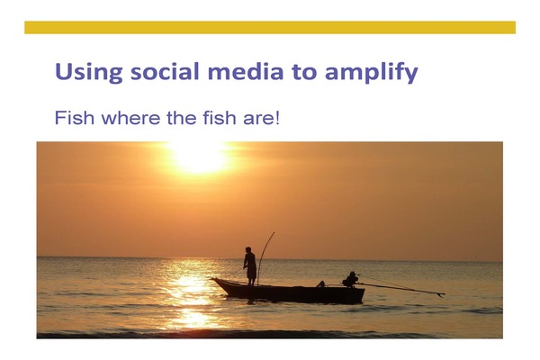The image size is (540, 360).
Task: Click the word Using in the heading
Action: click(x=89, y=73)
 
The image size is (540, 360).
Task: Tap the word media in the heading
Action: click(x=246, y=72)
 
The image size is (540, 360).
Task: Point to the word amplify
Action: click(x=371, y=73)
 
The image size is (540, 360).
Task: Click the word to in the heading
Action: click(x=304, y=72)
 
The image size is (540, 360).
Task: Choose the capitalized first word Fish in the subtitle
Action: click(x=75, y=118)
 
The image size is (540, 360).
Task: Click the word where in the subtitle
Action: click(x=130, y=118)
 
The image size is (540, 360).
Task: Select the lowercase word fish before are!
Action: click(x=220, y=118)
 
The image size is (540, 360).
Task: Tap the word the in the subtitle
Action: click(x=182, y=118)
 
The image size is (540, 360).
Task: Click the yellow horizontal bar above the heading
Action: click(x=270, y=28)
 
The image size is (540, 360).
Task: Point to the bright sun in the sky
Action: click(x=200, y=157)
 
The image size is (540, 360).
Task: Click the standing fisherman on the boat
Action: click(x=250, y=266)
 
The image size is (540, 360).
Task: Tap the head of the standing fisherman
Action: click(x=248, y=249)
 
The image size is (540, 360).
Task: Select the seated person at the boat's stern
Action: click(x=351, y=279)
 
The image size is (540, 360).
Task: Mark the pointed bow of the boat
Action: click(x=212, y=279)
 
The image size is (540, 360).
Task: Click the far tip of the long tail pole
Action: click(x=444, y=294)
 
